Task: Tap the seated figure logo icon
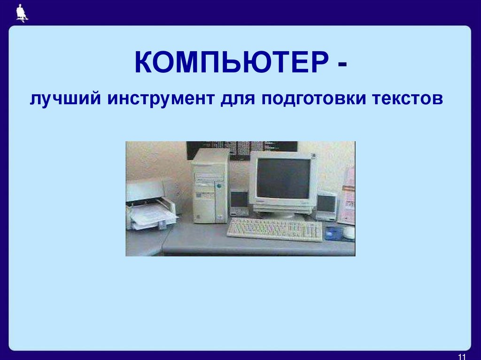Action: point(21,13)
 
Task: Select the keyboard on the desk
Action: point(275,229)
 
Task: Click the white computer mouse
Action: point(349,232)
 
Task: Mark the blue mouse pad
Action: point(334,233)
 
